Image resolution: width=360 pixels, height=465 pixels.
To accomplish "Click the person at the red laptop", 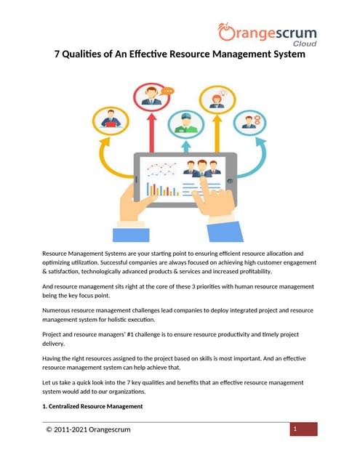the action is point(111,120).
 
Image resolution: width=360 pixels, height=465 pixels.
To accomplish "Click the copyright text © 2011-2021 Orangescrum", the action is point(87,429).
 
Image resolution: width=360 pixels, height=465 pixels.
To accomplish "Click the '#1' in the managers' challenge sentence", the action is point(164,334).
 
